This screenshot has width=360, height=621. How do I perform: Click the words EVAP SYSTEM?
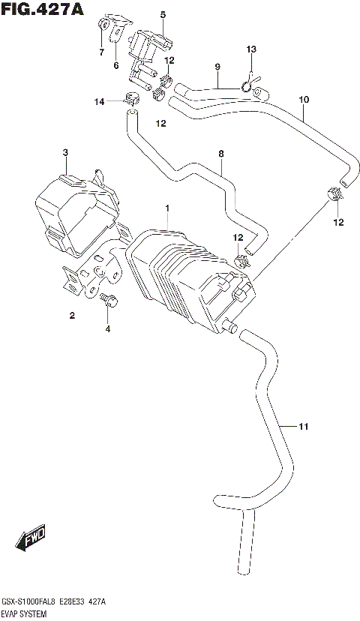(x=25, y=614)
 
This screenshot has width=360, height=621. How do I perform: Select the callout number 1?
(x=168, y=208)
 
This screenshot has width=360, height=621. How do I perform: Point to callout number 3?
(x=65, y=153)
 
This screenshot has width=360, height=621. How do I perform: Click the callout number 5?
(x=162, y=14)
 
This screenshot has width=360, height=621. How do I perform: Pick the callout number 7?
(x=101, y=52)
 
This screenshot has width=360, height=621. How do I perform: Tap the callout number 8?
(x=221, y=154)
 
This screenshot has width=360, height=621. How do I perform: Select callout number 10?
(x=304, y=99)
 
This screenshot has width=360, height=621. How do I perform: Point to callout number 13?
(x=252, y=49)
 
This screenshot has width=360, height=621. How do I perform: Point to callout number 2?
(x=73, y=316)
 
